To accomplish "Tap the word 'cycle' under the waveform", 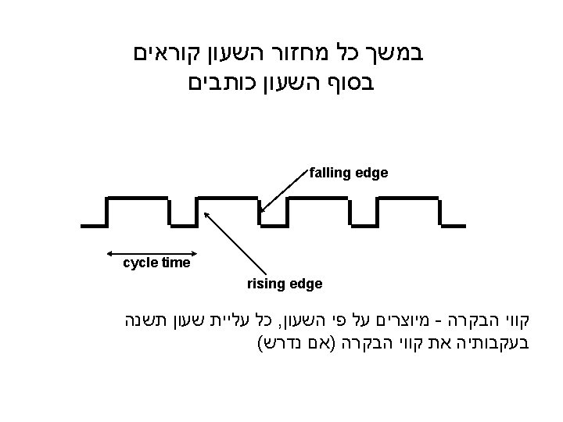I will (141, 263).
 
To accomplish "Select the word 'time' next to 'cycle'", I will (176, 263).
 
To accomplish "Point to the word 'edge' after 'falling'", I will (371, 172).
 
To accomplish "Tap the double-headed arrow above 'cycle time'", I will (148, 254).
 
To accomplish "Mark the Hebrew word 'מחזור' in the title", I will (303, 55).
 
